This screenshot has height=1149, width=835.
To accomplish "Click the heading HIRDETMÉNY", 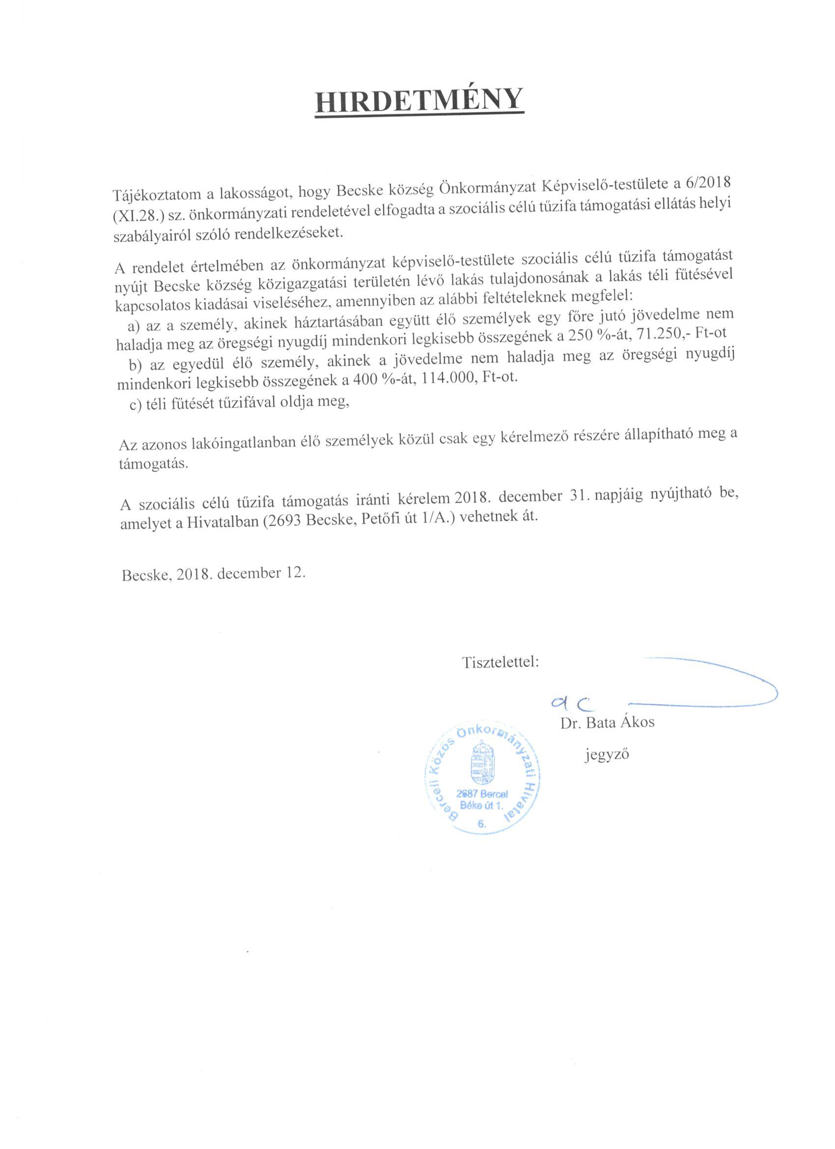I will click(x=419, y=99).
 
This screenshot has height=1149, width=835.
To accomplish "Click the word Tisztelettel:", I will click(x=500, y=661).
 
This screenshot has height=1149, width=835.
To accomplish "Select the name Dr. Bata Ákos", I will click(x=607, y=722).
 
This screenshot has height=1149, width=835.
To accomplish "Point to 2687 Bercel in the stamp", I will click(x=481, y=794).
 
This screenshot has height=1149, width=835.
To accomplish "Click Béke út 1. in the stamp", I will click(x=481, y=805).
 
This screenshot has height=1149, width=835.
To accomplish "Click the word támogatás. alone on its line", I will click(x=153, y=464).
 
